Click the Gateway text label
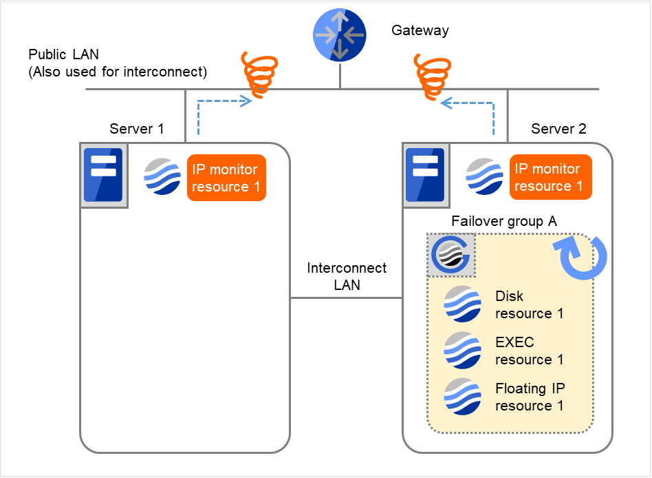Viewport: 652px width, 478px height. [x=420, y=30]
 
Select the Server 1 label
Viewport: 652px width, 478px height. [x=137, y=129]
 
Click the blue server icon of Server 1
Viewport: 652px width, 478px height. [x=103, y=175]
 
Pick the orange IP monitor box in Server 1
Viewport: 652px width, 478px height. [x=226, y=178]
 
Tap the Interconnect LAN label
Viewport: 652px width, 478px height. [x=347, y=276]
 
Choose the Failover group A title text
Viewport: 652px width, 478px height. [x=503, y=221]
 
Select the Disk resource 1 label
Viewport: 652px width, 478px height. [x=529, y=304]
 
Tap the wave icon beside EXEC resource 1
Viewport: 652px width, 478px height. [x=462, y=351]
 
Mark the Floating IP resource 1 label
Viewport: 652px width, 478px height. [x=530, y=397]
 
